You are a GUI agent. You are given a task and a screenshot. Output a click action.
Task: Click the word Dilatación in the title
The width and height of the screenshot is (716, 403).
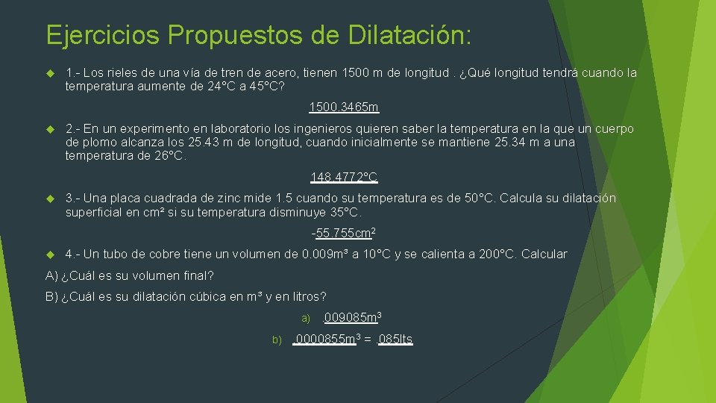(x=404, y=34)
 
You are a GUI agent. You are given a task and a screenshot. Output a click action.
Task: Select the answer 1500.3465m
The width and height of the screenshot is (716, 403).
(x=344, y=107)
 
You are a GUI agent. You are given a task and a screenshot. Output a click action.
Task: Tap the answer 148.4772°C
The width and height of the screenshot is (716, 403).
(x=344, y=178)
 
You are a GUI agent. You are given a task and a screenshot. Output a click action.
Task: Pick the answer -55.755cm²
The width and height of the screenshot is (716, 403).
(x=343, y=233)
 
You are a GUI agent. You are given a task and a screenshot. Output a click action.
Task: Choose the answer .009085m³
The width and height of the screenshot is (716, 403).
(x=352, y=318)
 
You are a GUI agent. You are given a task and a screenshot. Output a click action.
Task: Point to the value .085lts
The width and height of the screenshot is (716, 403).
(x=395, y=340)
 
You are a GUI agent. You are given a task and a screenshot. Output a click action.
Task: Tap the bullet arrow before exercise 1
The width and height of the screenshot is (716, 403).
(x=50, y=73)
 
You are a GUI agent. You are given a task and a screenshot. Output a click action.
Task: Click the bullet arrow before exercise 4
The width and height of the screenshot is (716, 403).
(x=50, y=254)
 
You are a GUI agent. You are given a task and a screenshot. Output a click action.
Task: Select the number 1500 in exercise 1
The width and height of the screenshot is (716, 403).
(x=354, y=73)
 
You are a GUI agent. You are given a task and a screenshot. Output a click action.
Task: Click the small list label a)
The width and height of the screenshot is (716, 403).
(x=306, y=319)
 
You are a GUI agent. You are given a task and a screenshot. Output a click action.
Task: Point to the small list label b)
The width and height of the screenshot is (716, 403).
(x=277, y=340)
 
